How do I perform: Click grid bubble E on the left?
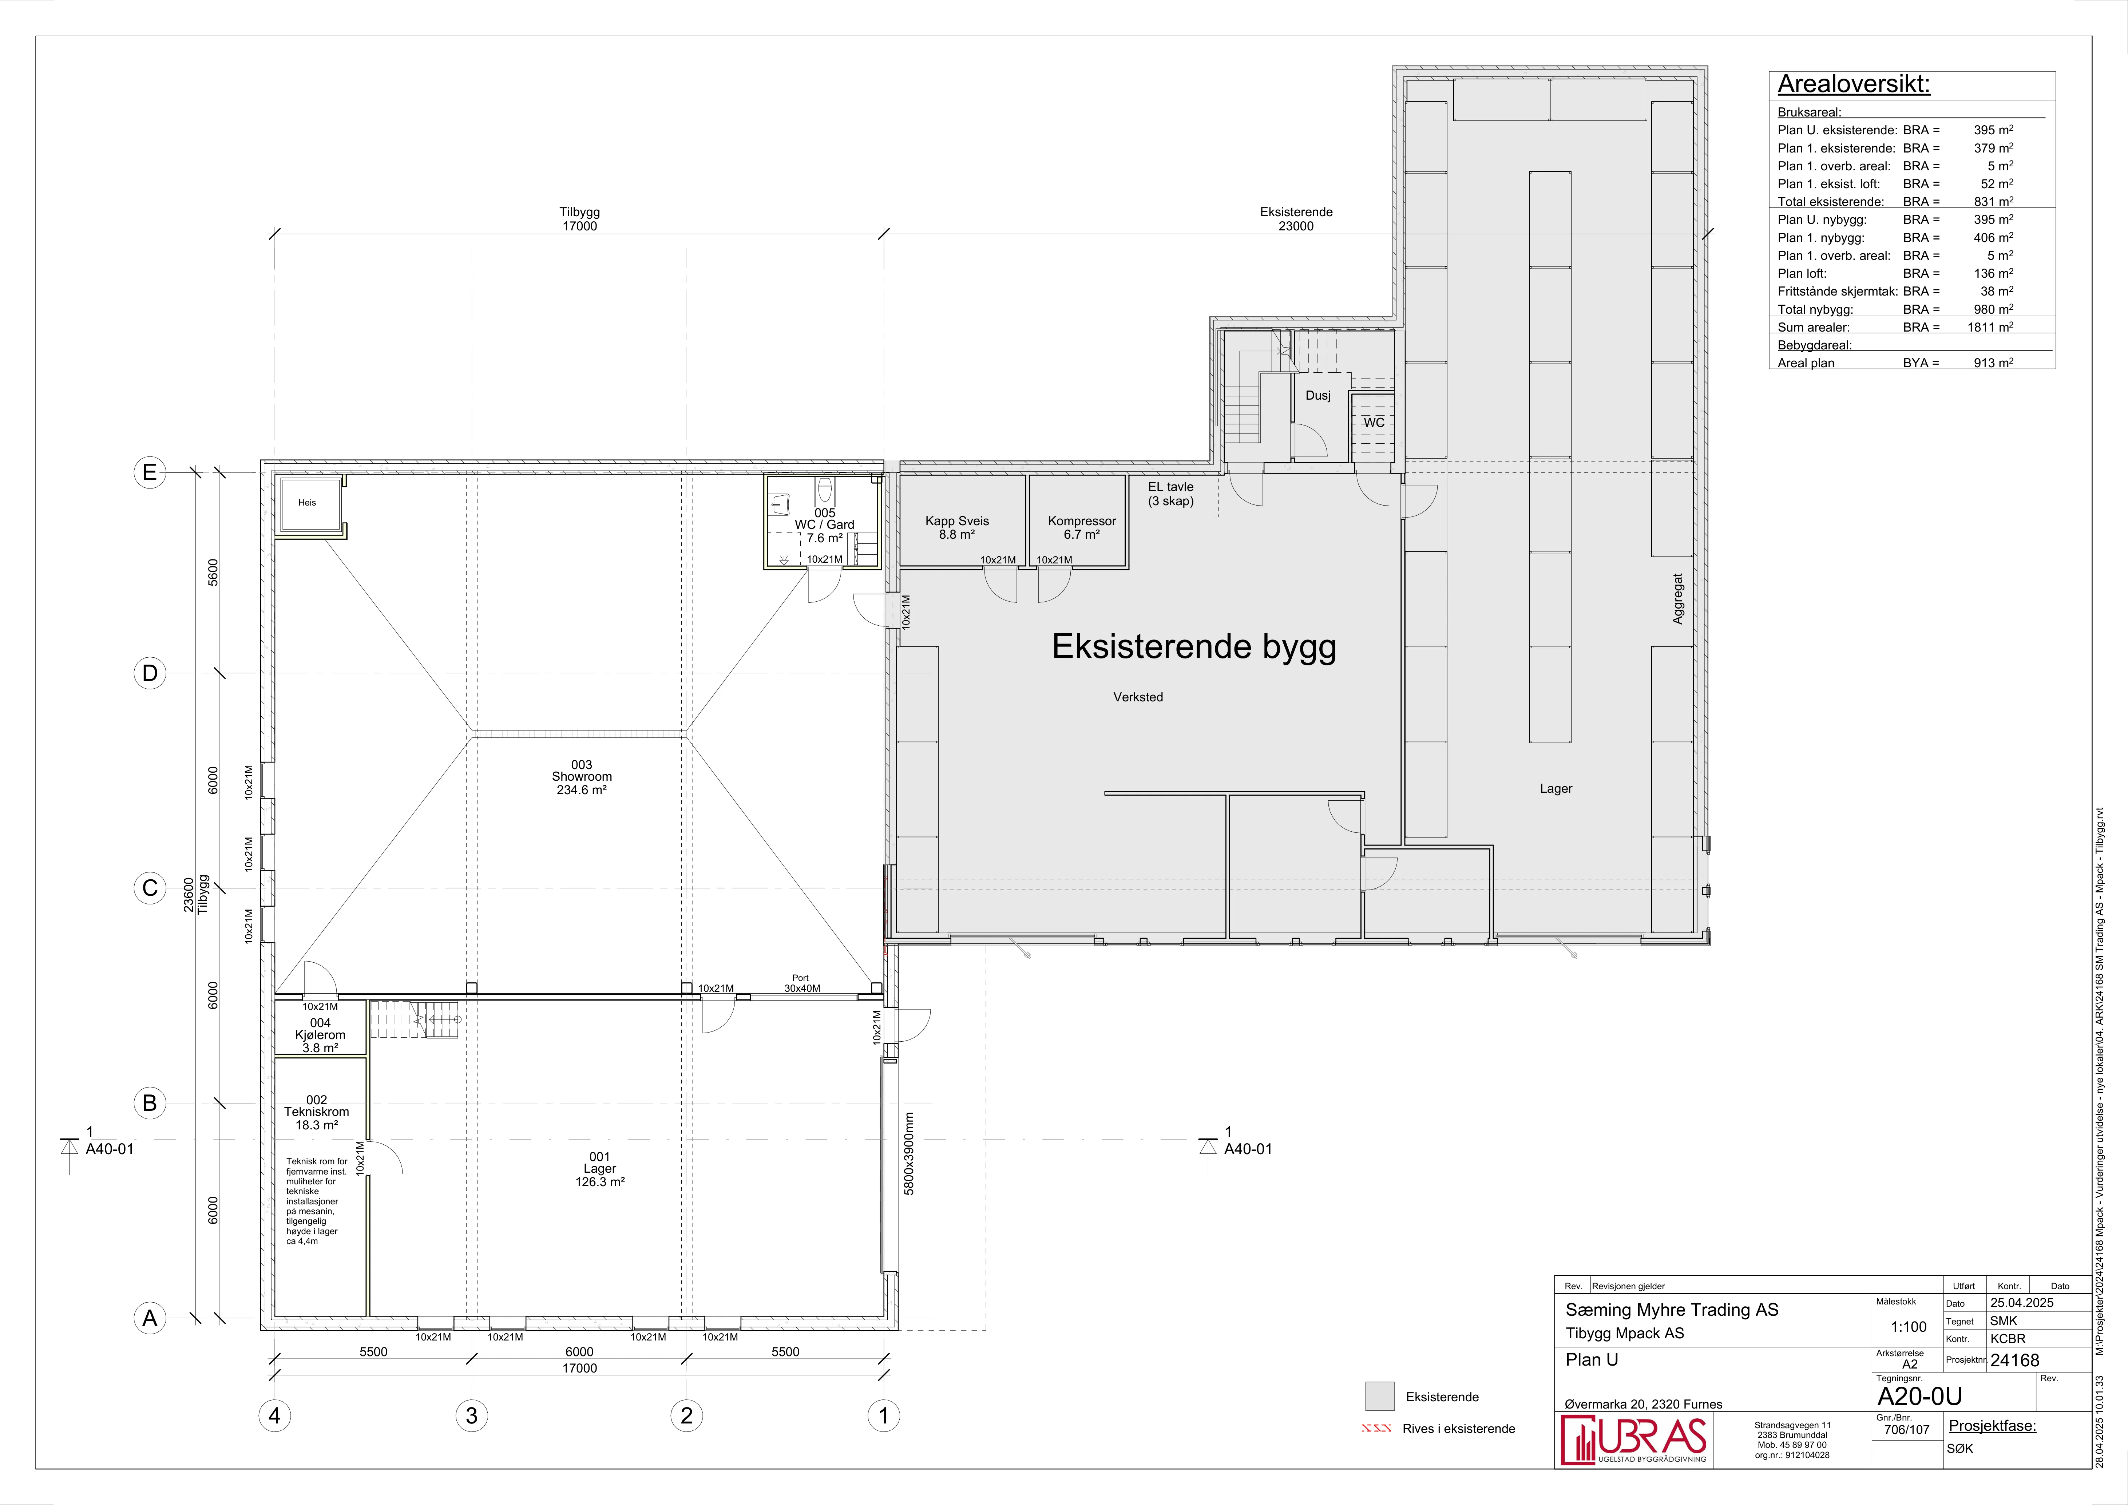[149, 473]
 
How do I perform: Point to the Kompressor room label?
[1082, 527]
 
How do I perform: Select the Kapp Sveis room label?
[956, 527]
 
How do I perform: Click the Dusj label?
[1318, 396]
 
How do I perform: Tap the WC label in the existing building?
[1374, 423]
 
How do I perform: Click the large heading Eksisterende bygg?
[1194, 647]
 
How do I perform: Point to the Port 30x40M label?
[802, 983]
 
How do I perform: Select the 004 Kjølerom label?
[320, 1035]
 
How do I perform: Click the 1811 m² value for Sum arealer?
[1990, 327]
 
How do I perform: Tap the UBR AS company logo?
[1633, 1440]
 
